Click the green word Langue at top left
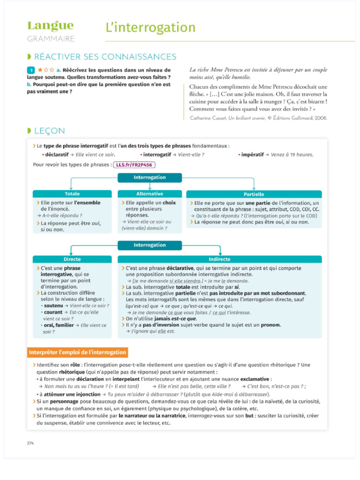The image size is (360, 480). coord(50,26)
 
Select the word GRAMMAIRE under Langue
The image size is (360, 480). coord(51,38)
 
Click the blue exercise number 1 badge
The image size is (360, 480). coord(31,70)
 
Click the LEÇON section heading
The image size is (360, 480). coord(50,130)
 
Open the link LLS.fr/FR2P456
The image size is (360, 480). coord(134,165)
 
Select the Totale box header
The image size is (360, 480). coord(72,194)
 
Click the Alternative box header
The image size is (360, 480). coord(150,194)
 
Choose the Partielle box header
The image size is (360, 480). coord(254,194)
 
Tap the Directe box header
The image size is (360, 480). coord(72,259)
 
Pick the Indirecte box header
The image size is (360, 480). coord(219,259)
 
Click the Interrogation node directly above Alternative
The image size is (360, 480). coord(150,178)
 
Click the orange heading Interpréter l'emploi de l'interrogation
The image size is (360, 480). coord(77,352)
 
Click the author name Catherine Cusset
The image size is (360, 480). coord(209,118)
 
